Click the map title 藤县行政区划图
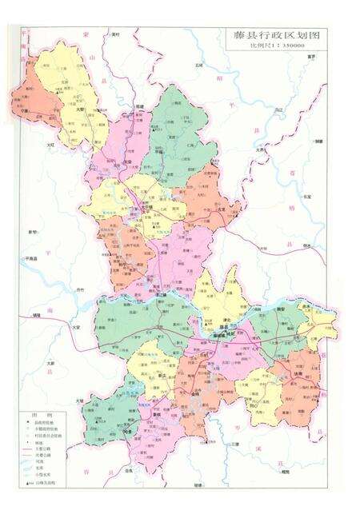(268, 37)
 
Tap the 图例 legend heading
(37, 417)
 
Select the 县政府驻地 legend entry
(45, 426)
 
